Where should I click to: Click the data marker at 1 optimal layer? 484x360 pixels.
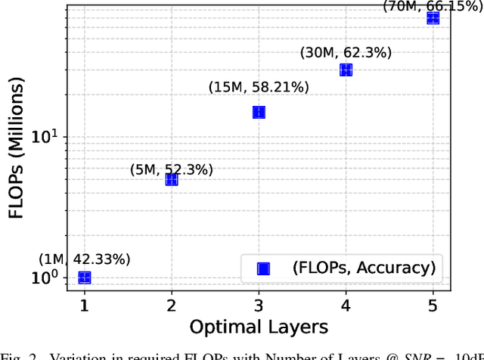[85, 278]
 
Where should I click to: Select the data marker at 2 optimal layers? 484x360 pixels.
[172, 179]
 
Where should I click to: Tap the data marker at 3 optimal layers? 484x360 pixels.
[259, 112]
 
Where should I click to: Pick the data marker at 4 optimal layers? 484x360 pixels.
[346, 70]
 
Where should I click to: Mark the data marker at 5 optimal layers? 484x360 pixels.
[433, 18]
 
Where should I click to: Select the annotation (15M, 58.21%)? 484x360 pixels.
[259, 88]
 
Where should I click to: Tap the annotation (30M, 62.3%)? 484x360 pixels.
[345, 52]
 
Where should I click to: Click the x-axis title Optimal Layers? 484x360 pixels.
[259, 327]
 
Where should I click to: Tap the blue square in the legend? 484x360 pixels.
[262, 266]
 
